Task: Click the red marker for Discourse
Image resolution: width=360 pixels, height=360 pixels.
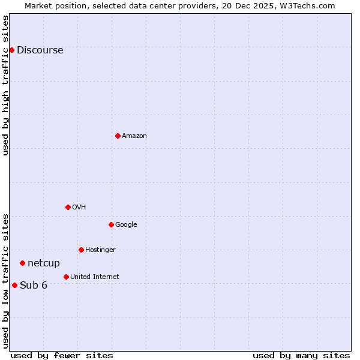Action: click(x=11, y=50)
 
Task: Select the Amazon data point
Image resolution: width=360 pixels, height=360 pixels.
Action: click(x=118, y=136)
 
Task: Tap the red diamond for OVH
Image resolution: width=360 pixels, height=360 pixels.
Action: click(x=68, y=207)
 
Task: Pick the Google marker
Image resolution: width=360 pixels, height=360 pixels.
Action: click(x=111, y=224)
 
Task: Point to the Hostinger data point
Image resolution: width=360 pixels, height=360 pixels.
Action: click(x=81, y=250)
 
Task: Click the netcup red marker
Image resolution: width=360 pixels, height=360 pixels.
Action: click(x=22, y=263)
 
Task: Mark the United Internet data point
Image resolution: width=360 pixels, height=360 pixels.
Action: click(x=66, y=277)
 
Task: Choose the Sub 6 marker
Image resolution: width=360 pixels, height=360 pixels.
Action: click(x=14, y=285)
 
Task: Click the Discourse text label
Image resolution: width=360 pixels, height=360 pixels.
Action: click(x=40, y=50)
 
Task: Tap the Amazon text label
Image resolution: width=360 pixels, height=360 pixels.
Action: click(x=134, y=136)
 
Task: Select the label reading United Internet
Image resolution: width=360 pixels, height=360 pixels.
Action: click(x=94, y=277)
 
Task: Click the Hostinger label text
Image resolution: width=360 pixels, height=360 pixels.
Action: click(x=100, y=250)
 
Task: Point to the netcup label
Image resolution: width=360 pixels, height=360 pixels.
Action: click(x=44, y=263)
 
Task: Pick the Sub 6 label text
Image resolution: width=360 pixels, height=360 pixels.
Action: click(x=34, y=286)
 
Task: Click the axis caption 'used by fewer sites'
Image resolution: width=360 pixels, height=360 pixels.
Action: click(x=62, y=355)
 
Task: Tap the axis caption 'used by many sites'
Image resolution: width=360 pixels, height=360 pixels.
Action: click(x=301, y=355)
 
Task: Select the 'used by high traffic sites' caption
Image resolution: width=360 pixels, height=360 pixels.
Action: click(x=6, y=85)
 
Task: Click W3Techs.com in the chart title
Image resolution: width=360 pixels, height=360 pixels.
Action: click(x=309, y=5)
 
